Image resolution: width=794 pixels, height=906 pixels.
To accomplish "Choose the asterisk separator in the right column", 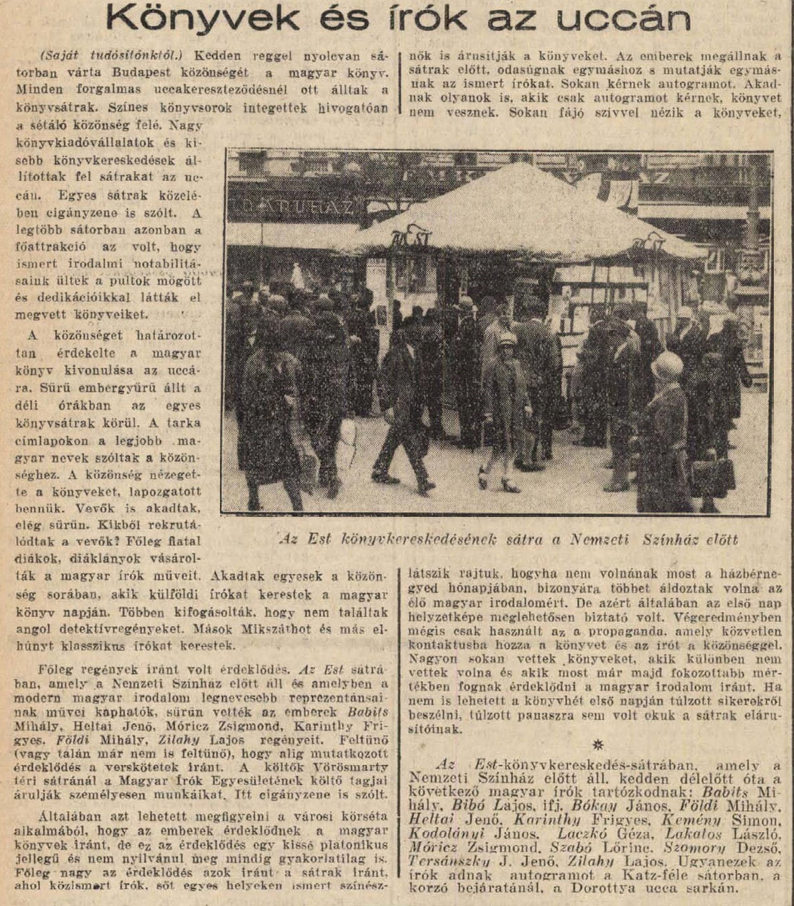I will pos(599,745).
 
